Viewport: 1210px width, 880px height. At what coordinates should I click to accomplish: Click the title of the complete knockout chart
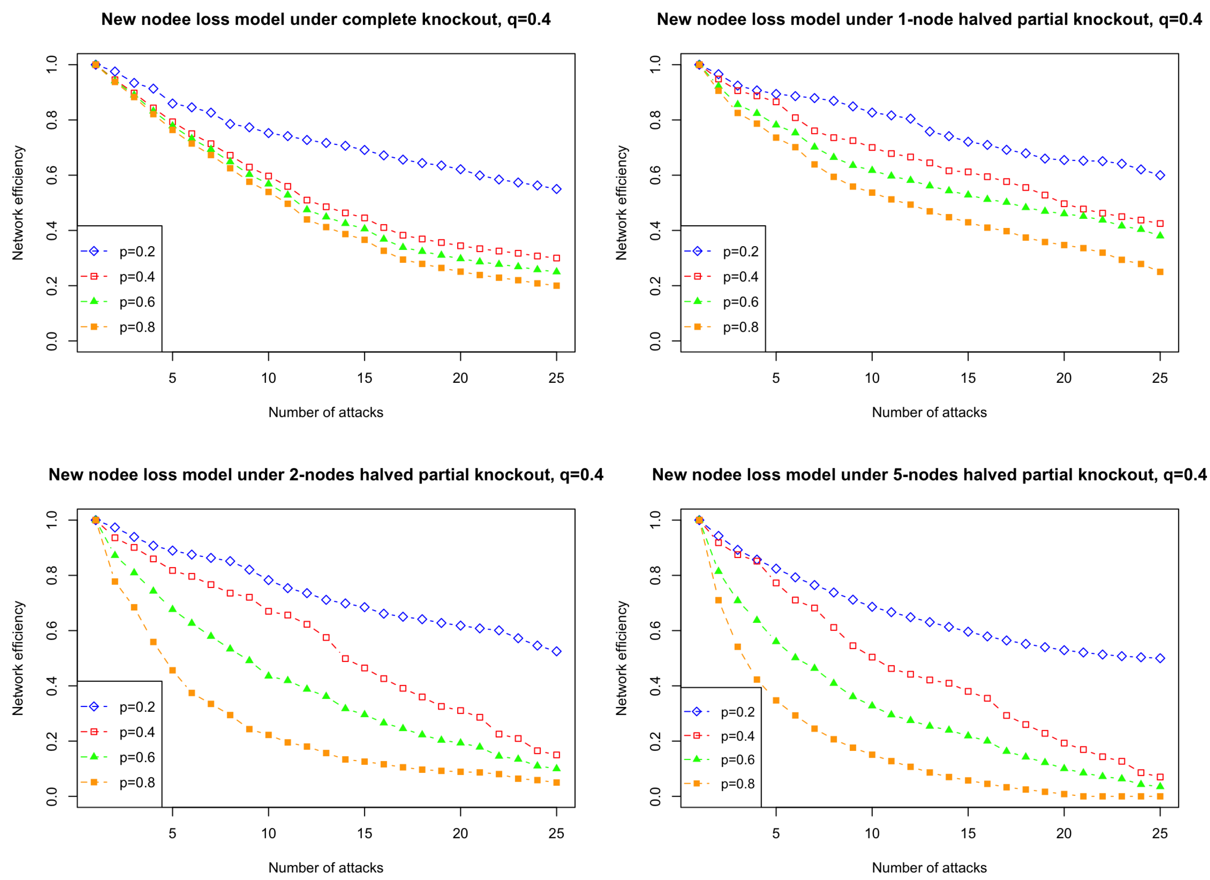pos(326,20)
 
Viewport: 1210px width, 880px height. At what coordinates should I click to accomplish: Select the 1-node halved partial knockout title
pos(930,20)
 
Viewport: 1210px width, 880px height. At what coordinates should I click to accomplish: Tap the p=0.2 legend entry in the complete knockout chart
pos(118,251)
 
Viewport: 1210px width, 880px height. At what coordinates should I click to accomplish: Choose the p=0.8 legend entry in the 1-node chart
pos(722,327)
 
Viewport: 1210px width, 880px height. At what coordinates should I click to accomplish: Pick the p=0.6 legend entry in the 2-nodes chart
pos(118,757)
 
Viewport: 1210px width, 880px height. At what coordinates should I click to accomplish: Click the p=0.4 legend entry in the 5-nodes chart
pos(720,736)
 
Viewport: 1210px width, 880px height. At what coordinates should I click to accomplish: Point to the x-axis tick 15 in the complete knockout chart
pos(364,378)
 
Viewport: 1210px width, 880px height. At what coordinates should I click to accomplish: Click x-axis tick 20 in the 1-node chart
pos(1064,378)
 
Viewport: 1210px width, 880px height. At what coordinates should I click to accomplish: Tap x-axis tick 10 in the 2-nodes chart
pos(268,833)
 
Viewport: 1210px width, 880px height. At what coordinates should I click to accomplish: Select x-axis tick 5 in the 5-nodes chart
pos(776,833)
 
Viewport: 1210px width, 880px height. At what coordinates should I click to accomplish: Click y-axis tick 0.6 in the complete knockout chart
pos(52,175)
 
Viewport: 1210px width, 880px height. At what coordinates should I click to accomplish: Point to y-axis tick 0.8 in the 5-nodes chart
pos(655,575)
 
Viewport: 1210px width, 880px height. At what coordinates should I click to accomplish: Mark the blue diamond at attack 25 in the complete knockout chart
pos(556,189)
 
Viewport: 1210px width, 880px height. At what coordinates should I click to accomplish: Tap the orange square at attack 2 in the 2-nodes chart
pos(115,581)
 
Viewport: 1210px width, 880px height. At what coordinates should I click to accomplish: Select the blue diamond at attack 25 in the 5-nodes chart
pos(1160,658)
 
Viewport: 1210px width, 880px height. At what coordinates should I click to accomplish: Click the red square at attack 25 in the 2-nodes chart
pos(556,755)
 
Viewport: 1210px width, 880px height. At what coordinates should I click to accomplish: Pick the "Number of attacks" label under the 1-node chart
pos(930,412)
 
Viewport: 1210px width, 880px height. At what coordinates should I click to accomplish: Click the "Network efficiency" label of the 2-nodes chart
pos(18,658)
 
